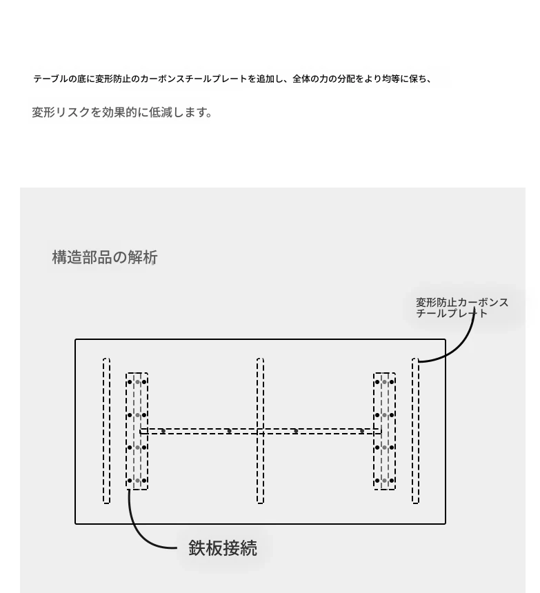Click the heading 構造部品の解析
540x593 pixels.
click(x=105, y=257)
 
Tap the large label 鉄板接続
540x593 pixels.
click(x=223, y=548)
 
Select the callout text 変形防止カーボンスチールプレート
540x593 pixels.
click(x=462, y=308)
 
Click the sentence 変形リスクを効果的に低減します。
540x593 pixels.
click(x=122, y=112)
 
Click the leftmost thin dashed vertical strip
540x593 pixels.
click(x=107, y=431)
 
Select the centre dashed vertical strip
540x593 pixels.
click(x=260, y=431)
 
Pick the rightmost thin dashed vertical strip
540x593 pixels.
click(x=415, y=431)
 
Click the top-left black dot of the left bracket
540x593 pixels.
click(x=130, y=382)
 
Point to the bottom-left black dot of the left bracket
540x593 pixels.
click(x=130, y=481)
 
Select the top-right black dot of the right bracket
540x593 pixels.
click(x=392, y=382)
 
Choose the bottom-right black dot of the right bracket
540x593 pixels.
click(x=392, y=481)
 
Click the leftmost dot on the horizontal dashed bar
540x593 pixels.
click(x=163, y=431)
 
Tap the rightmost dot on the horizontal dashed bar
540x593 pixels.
click(x=361, y=431)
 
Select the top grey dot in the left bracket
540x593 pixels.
click(x=138, y=382)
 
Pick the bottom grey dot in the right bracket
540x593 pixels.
click(x=384, y=481)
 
